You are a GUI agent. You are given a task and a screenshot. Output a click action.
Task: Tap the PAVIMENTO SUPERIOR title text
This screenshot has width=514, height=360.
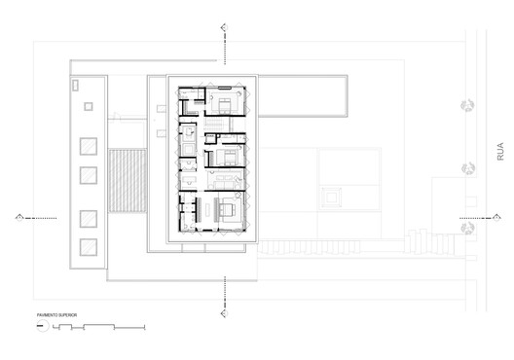(58, 316)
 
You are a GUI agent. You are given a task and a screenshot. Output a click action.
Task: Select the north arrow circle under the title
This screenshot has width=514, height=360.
(41, 328)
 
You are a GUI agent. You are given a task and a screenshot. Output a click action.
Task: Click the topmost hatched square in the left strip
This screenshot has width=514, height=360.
(89, 146)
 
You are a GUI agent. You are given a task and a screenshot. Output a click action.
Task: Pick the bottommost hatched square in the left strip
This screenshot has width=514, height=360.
(89, 245)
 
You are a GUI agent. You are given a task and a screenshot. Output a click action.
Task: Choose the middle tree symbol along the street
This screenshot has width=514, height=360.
(467, 168)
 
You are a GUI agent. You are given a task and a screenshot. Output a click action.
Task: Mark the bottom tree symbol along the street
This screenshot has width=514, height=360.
(467, 230)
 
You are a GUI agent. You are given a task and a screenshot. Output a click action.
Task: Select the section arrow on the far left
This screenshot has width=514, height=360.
(18, 217)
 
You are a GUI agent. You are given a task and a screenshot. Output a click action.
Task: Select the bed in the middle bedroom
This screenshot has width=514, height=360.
(229, 156)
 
